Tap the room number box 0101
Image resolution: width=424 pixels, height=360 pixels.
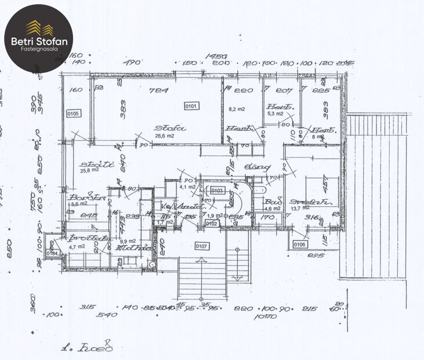(x=191, y=106)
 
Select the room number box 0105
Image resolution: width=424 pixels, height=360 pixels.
(x=73, y=114)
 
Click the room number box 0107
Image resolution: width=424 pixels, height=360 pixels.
(x=201, y=246)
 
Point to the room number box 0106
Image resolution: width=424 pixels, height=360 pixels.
(x=299, y=244)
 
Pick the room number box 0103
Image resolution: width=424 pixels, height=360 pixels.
(x=217, y=190)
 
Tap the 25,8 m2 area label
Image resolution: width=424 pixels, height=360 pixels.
(x=89, y=170)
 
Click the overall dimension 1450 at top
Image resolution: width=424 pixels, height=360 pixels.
(x=216, y=56)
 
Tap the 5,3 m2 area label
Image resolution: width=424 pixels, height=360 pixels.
(x=274, y=114)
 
